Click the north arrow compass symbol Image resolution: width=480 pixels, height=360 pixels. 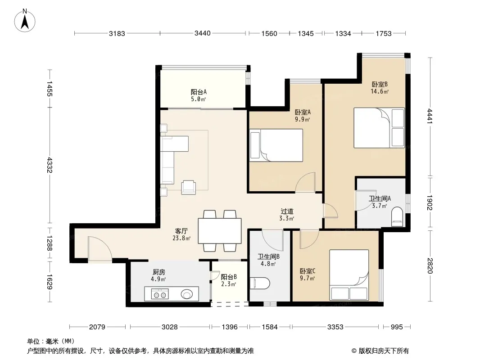(25, 21)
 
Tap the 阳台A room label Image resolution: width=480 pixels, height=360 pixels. (199, 92)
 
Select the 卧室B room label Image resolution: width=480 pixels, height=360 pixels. (380, 84)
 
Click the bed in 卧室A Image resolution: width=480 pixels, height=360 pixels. (276, 145)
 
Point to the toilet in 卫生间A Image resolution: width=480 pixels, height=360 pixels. (397, 217)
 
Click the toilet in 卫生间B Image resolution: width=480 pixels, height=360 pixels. (260, 283)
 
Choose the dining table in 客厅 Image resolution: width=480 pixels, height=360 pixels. (220, 230)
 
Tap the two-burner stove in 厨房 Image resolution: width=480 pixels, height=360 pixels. (159, 295)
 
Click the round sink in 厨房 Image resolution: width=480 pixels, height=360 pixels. (187, 294)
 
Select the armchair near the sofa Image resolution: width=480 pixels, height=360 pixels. (189, 188)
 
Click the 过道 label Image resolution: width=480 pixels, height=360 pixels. (287, 211)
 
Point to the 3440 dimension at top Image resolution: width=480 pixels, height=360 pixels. (203, 33)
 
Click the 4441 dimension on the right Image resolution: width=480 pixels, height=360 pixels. (430, 116)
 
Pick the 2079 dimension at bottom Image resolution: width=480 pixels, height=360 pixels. (97, 327)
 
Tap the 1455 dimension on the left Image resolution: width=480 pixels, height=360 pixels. (50, 89)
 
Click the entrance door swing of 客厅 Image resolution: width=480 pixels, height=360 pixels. (100, 249)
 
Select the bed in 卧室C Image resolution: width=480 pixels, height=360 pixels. (349, 275)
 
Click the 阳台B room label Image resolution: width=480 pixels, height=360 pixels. (229, 277)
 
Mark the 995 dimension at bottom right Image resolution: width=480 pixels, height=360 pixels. (397, 327)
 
